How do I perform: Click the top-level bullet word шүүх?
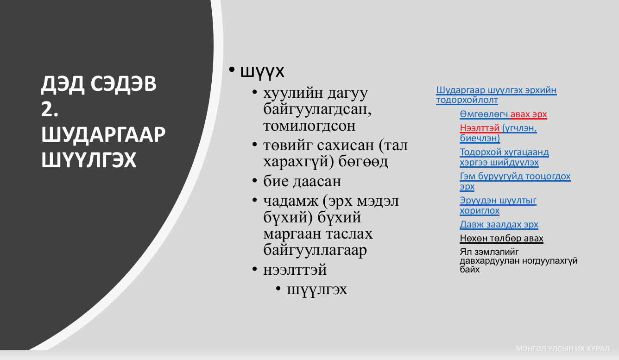pyautogui.click(x=262, y=71)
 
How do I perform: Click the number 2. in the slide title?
pyautogui.click(x=50, y=109)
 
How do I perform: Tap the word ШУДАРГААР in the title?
pyautogui.click(x=103, y=135)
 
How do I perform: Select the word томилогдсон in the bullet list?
pyautogui.click(x=309, y=126)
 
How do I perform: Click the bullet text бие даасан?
pyautogui.click(x=302, y=181)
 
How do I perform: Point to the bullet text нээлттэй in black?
pyautogui.click(x=295, y=270)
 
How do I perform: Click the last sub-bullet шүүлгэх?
pyautogui.click(x=317, y=290)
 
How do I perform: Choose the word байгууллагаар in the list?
pyautogui.click(x=315, y=250)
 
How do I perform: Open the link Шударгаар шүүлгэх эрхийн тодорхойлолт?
pyautogui.click(x=496, y=95)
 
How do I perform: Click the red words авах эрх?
pyautogui.click(x=529, y=114)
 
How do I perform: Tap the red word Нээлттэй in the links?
pyautogui.click(x=480, y=128)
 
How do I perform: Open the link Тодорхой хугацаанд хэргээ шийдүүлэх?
pyautogui.click(x=504, y=157)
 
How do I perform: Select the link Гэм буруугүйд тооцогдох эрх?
pyautogui.click(x=515, y=181)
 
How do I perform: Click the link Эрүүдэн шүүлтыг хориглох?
pyautogui.click(x=498, y=205)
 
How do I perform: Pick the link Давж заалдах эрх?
pyautogui.click(x=499, y=224)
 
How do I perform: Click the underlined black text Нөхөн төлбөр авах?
pyautogui.click(x=502, y=238)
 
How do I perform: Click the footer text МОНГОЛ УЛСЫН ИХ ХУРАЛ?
pyautogui.click(x=562, y=349)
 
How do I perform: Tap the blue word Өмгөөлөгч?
pyautogui.click(x=484, y=114)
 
